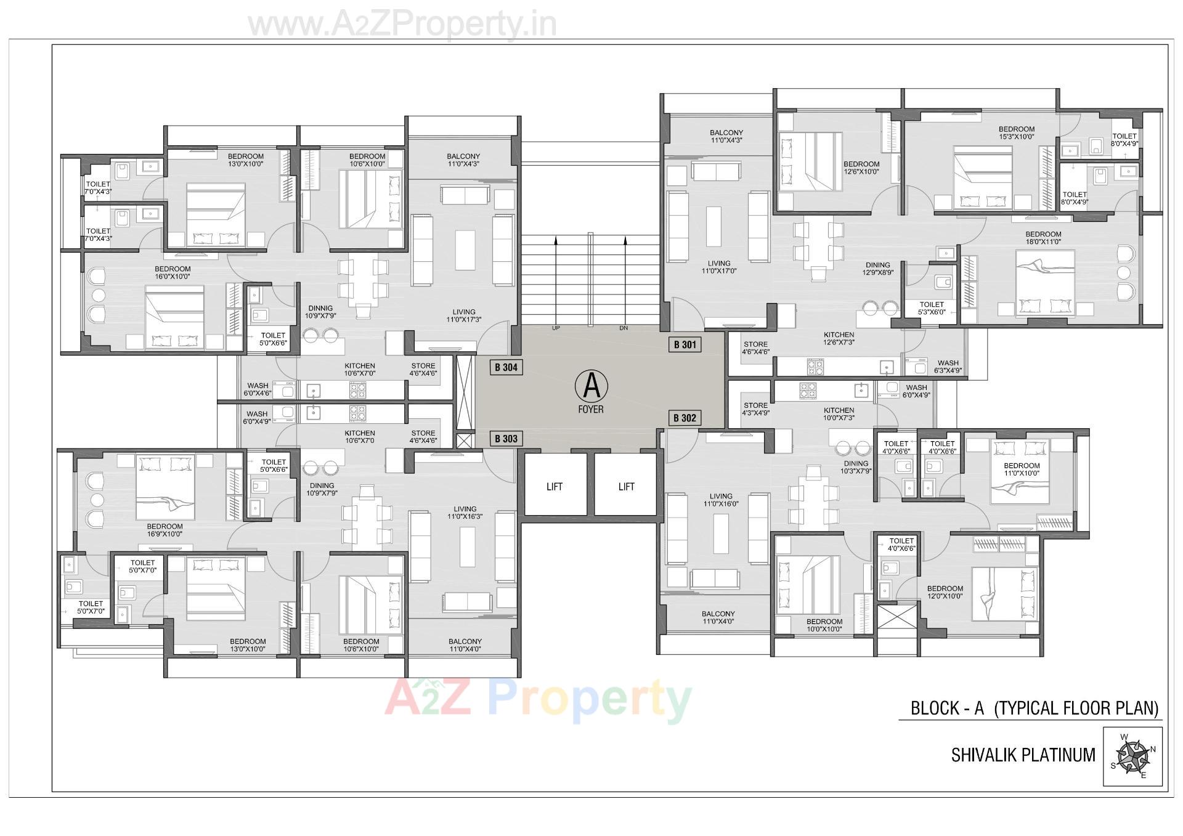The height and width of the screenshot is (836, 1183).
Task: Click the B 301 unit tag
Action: coord(685,344)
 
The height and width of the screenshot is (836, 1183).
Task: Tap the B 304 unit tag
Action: coord(506,367)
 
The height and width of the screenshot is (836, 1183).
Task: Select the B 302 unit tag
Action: coord(685,418)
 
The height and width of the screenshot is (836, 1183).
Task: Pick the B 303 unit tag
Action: coord(506,439)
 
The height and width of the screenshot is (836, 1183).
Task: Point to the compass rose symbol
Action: coord(1132,757)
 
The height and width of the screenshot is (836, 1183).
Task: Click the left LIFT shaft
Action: coord(555,487)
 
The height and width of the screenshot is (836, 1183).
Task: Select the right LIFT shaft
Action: coord(626,487)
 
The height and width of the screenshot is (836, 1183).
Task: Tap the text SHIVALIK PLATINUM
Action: coord(1023,755)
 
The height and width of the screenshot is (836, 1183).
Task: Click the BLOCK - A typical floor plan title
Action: coord(1035,708)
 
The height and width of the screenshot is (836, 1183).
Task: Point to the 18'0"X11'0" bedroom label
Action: coord(1043,238)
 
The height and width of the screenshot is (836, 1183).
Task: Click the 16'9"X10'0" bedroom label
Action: coord(165,530)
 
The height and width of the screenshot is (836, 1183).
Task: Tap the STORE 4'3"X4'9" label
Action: coord(755,409)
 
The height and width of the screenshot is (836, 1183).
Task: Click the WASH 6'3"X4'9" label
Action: coord(948,367)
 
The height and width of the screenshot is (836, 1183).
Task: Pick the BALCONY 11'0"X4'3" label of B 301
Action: coord(726,136)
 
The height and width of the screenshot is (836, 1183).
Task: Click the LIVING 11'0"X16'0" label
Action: coord(720,500)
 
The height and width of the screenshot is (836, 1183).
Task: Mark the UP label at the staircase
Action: coord(556,328)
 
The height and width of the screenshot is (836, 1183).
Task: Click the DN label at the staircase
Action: coord(624,328)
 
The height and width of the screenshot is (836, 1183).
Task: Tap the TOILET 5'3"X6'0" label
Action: coord(931,308)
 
